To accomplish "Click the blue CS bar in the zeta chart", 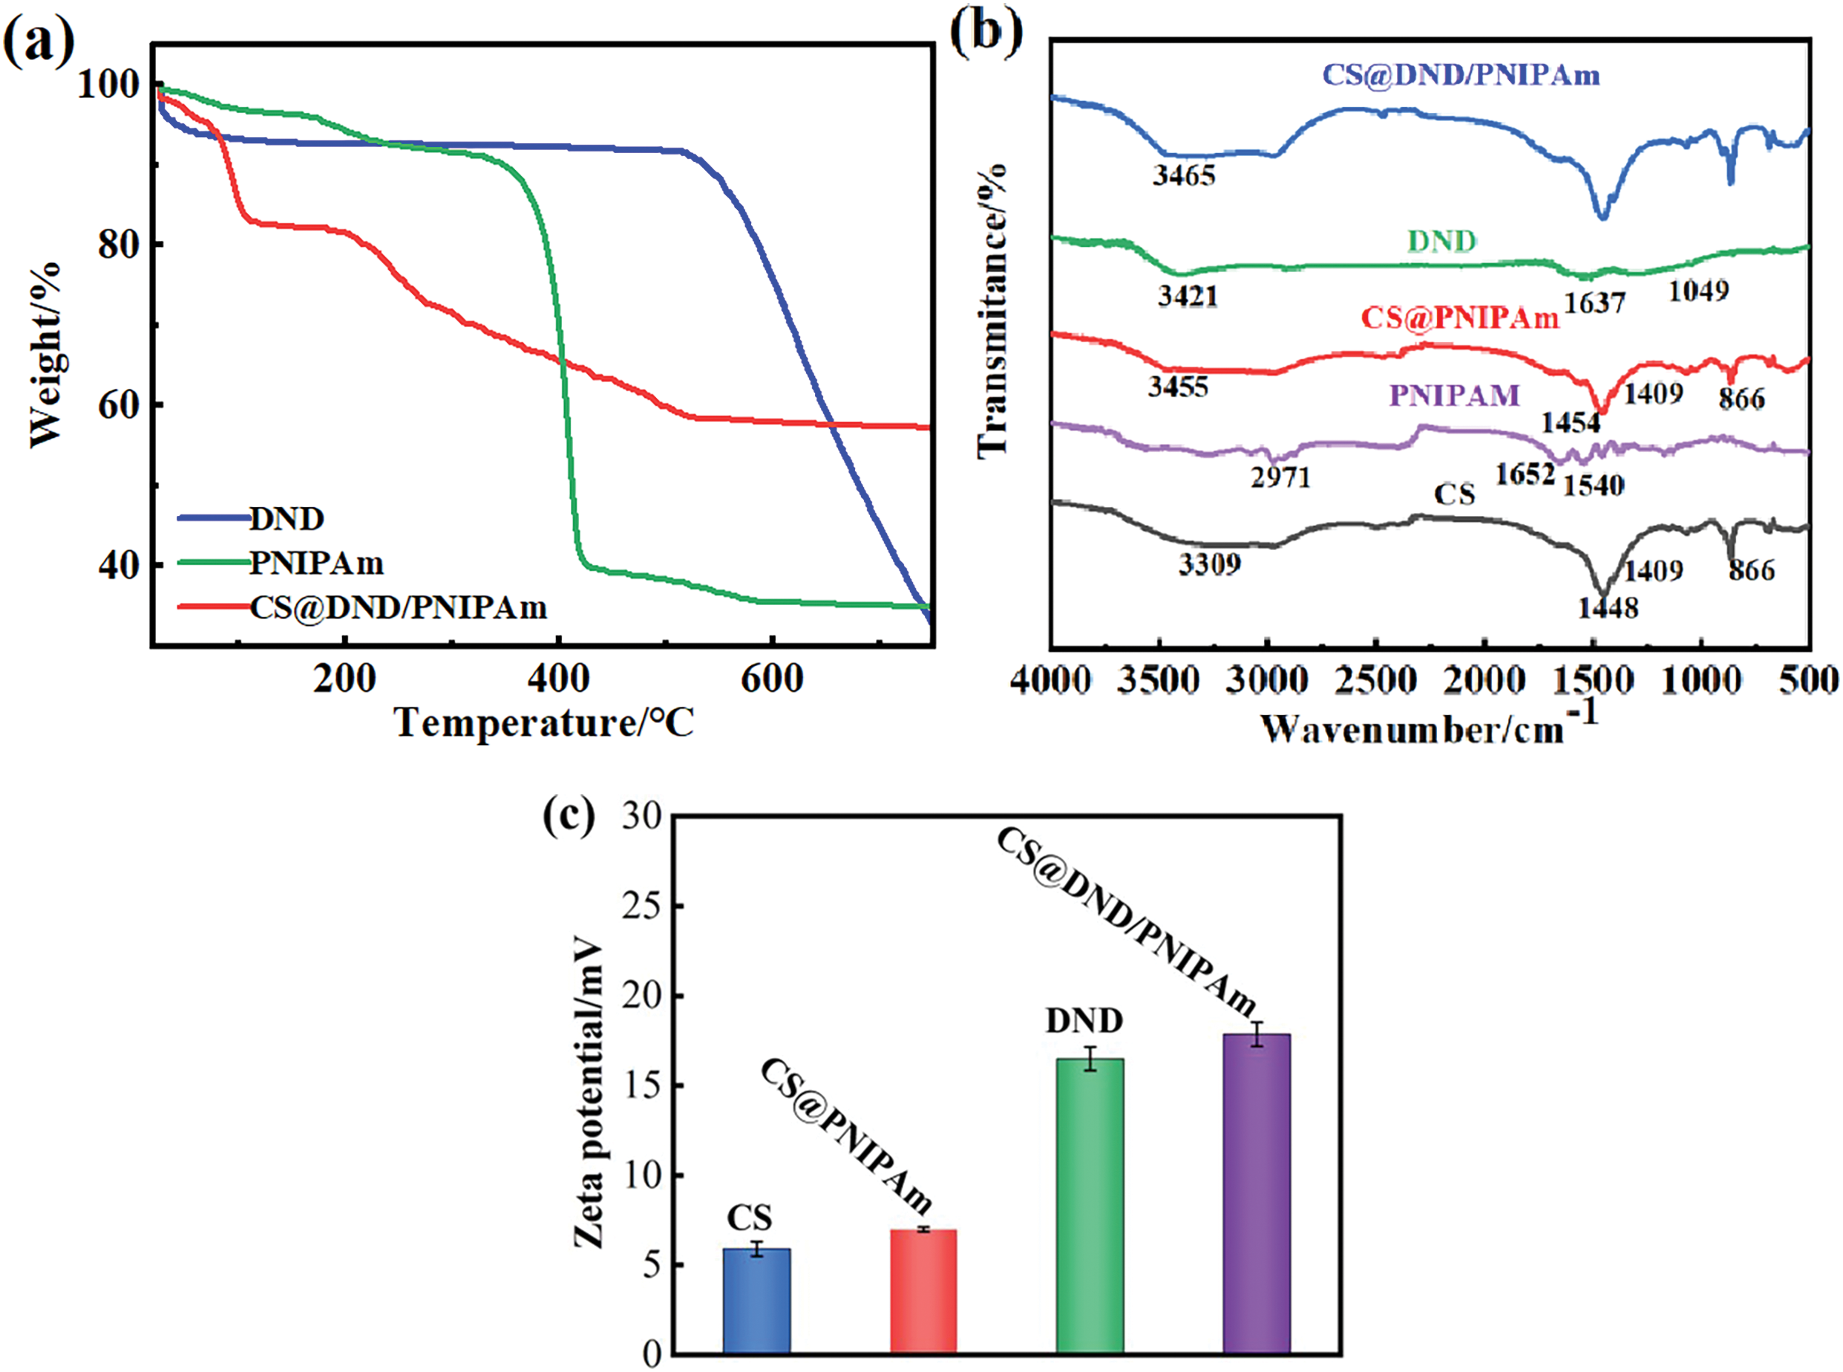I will click(x=756, y=1301).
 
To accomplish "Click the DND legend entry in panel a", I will click(x=287, y=518).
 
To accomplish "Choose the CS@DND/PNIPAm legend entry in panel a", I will click(x=398, y=608).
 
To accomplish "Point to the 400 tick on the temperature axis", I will click(x=559, y=679).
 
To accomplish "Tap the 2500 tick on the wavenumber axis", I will click(x=1375, y=681).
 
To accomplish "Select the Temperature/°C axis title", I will click(x=544, y=722).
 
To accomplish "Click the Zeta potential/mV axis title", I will click(x=589, y=1092).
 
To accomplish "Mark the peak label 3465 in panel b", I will click(x=1184, y=175).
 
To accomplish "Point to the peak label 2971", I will click(x=1280, y=477).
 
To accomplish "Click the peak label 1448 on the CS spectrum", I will click(x=1608, y=608).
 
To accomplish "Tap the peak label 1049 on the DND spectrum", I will click(x=1698, y=291).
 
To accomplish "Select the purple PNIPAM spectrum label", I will click(x=1455, y=395).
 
